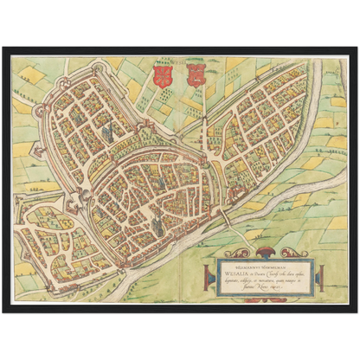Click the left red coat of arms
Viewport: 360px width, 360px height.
tap(158, 75)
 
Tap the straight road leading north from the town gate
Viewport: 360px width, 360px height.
tap(204, 104)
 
